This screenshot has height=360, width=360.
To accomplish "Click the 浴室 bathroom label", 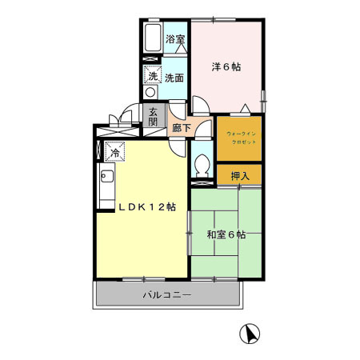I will pos(174,38).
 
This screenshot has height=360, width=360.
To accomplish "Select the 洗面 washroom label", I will pos(174,77).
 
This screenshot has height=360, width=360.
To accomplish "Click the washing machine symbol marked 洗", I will pos(152,75).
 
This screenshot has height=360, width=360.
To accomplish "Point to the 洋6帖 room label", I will pos(226,66).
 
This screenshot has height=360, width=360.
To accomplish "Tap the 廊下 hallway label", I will pos(181,127).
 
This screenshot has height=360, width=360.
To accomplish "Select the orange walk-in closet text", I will pos(238,136).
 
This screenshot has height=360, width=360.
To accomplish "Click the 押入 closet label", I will pos(240,175).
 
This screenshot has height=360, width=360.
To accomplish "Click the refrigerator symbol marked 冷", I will pos(113,150).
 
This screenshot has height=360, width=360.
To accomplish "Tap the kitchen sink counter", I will pos(104,188).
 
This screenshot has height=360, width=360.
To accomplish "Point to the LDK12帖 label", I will pos(146,206).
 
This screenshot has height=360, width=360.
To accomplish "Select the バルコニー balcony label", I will pos(166,295).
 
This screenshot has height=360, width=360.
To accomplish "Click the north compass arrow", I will pos(250,334).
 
